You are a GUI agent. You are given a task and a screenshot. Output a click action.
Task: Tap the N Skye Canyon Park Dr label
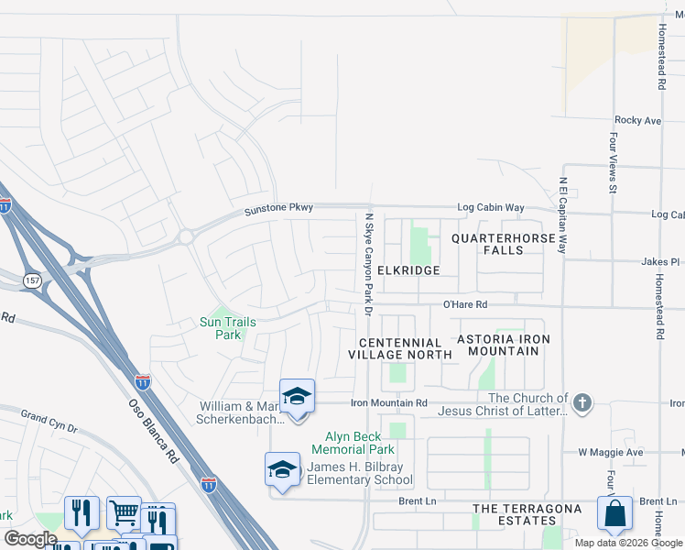tap(369, 265)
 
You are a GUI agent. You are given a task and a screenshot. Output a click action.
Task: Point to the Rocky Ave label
tap(637, 120)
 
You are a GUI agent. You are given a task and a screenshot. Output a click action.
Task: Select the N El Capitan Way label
tap(564, 214)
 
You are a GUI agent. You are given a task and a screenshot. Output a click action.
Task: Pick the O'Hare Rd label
tap(465, 304)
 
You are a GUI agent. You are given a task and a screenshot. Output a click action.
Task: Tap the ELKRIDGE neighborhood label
tap(408, 270)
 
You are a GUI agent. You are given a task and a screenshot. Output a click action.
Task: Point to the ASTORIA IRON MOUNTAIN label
tap(504, 346)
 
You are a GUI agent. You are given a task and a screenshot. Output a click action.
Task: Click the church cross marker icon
tap(582, 402)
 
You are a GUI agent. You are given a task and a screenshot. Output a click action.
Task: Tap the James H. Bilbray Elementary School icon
tap(282, 470)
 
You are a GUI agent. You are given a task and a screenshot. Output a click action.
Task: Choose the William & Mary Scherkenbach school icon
tap(297, 397)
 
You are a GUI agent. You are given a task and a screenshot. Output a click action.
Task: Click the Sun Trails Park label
tap(228, 328)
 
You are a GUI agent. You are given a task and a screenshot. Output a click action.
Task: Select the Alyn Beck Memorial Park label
tap(353, 443)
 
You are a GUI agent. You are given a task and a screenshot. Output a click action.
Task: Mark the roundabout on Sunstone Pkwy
tap(186, 236)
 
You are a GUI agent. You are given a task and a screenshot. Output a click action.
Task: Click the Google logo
tap(31, 539)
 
